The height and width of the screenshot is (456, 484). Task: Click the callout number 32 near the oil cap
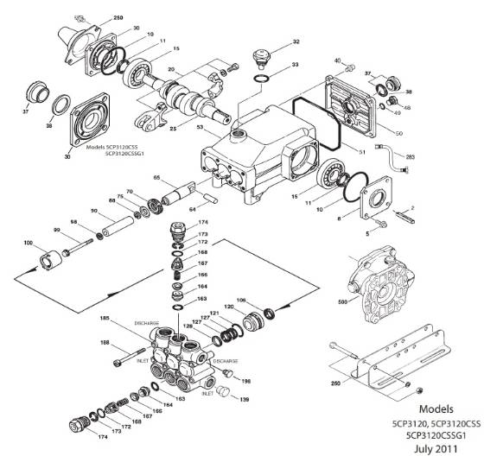(296, 41)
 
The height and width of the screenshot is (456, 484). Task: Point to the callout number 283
(410, 156)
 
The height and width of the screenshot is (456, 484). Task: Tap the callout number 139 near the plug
(245, 399)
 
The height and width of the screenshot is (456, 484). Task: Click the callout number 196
(245, 381)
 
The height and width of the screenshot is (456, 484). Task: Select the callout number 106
(242, 300)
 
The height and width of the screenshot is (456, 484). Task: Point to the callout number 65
(157, 178)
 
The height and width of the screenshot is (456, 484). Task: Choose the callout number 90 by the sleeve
(94, 212)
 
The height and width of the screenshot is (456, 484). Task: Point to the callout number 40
(338, 61)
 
